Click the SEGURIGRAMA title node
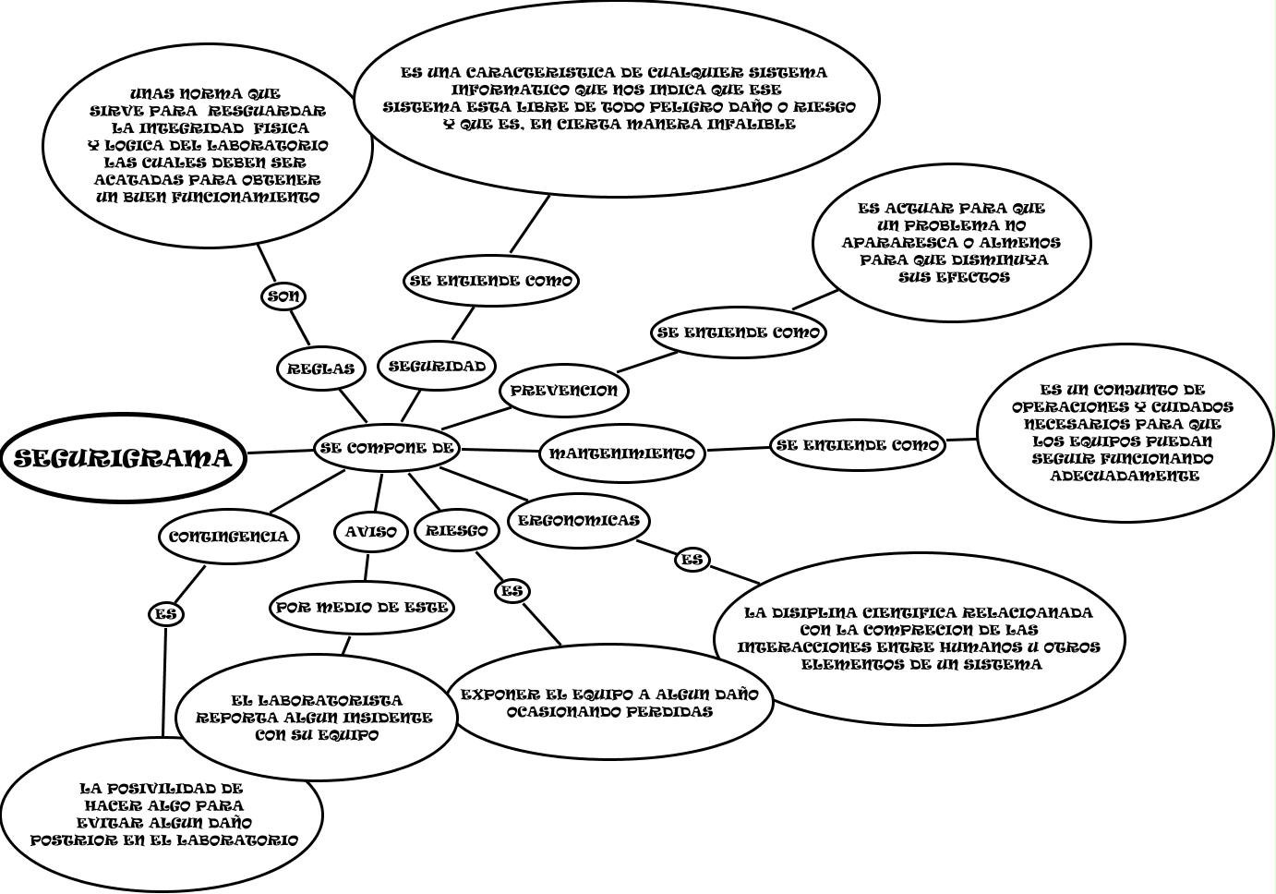pyautogui.click(x=123, y=459)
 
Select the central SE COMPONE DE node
pyautogui.click(x=388, y=448)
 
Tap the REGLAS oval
pyautogui.click(x=321, y=368)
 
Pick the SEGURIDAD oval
pyautogui.click(x=437, y=366)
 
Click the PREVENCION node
pyautogui.click(x=564, y=391)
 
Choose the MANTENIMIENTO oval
pyautogui.click(x=622, y=453)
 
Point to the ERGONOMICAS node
pyautogui.click(x=579, y=521)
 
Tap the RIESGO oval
pyautogui.click(x=457, y=531)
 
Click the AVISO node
pyautogui.click(x=371, y=532)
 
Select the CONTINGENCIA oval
pyautogui.click(x=228, y=537)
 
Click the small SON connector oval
pyautogui.click(x=283, y=296)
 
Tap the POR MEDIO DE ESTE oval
pyautogui.click(x=362, y=608)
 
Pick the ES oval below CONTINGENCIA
pyautogui.click(x=166, y=614)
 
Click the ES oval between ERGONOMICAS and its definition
pyautogui.click(x=692, y=560)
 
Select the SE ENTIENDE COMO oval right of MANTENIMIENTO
pyautogui.click(x=859, y=445)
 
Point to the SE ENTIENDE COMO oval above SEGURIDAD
pyautogui.click(x=491, y=281)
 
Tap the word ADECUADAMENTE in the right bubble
pyautogui.click(x=1125, y=476)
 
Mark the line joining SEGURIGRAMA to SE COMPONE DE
pyautogui.click(x=281, y=452)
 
